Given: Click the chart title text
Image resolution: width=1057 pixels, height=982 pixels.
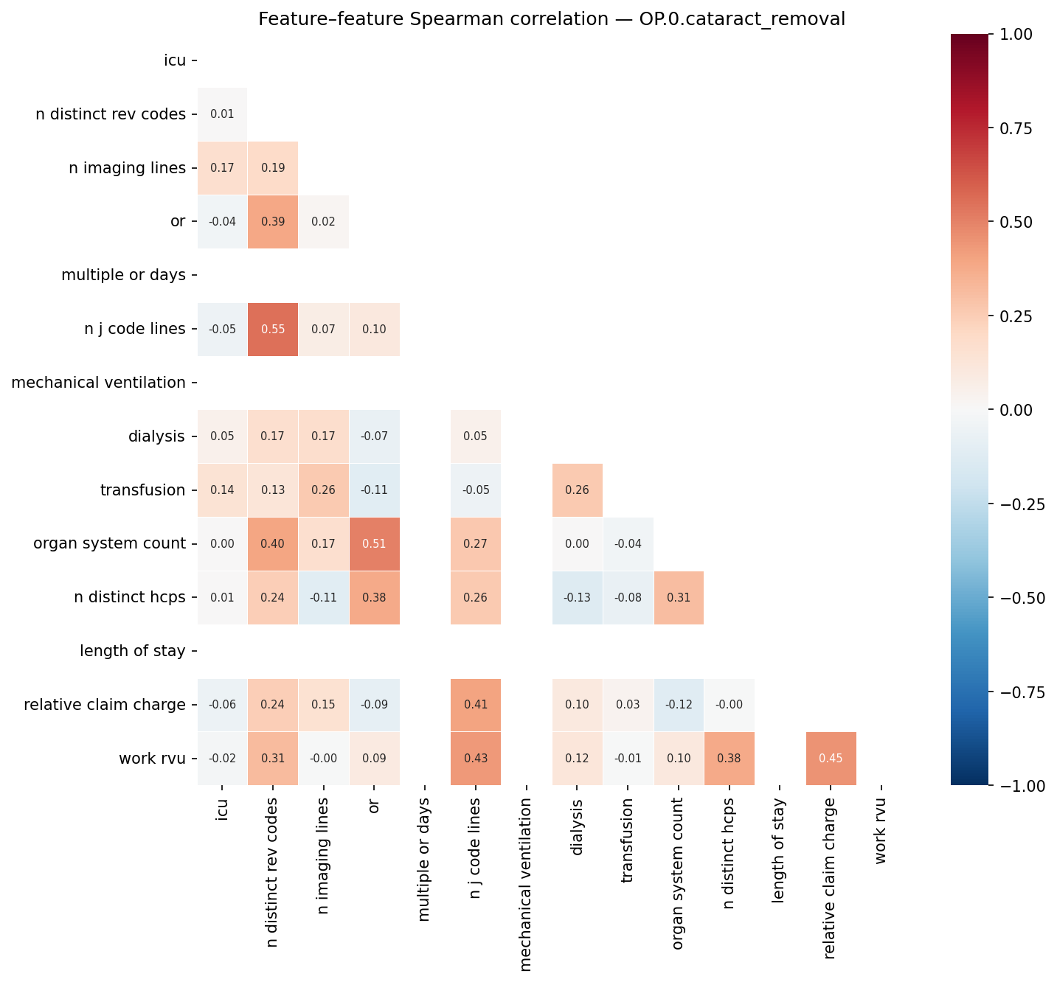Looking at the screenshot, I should [x=552, y=19].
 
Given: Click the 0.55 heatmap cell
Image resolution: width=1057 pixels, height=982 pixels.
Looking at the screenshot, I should [x=273, y=330].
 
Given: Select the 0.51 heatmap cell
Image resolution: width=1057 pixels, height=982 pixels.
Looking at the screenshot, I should [x=374, y=544].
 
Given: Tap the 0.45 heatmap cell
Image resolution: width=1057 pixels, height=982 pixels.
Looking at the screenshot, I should [x=831, y=759].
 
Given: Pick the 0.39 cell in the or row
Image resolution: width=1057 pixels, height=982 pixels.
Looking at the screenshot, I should [x=273, y=222].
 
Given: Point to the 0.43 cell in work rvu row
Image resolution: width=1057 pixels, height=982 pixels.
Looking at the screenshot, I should [x=476, y=759].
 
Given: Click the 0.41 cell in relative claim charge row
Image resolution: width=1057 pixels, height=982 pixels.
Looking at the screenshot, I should [x=476, y=705].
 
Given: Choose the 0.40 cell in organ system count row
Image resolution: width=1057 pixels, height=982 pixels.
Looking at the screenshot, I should [x=273, y=544].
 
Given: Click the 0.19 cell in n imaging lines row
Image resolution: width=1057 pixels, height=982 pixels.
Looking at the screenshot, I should [x=273, y=168].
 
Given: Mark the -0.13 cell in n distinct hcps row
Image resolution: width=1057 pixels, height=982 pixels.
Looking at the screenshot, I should [x=577, y=598].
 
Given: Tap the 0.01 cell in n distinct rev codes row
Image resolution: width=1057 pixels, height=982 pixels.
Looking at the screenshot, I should [x=222, y=114].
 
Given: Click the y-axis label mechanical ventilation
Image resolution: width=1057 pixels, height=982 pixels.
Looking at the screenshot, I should [x=99, y=383].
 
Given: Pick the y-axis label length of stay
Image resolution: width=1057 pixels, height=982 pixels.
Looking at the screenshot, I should [x=133, y=651].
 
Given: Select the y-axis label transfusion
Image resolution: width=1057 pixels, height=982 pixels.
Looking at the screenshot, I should [x=143, y=490].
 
